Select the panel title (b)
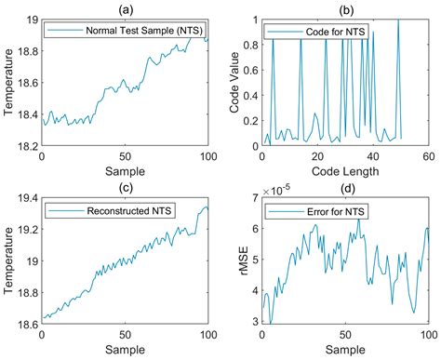pyautogui.click(x=346, y=8)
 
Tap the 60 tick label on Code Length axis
pyautogui.click(x=428, y=157)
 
